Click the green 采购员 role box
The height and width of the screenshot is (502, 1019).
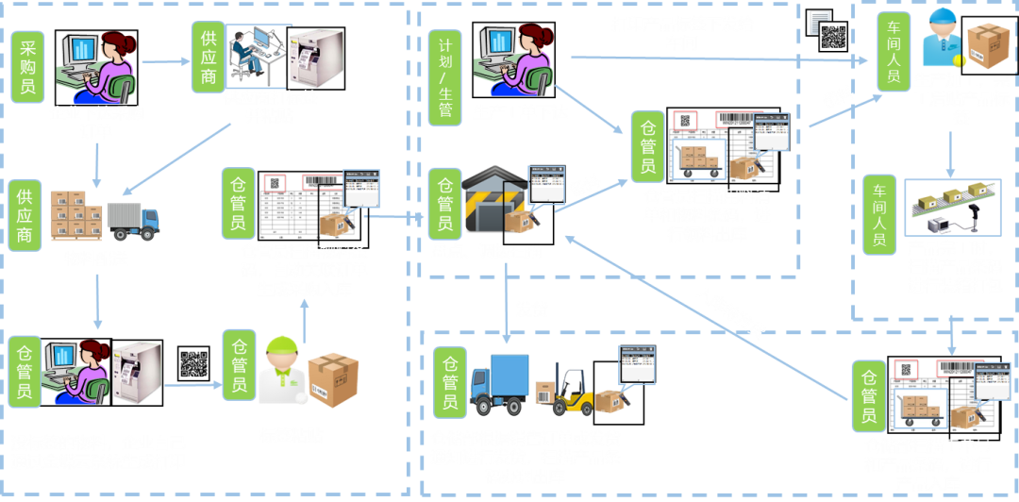[27, 65]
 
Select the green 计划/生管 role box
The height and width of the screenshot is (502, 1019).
[445, 71]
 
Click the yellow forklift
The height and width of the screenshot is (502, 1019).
[573, 391]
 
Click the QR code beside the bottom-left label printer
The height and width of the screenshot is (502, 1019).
[193, 363]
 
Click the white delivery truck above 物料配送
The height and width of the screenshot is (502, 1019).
[133, 220]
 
